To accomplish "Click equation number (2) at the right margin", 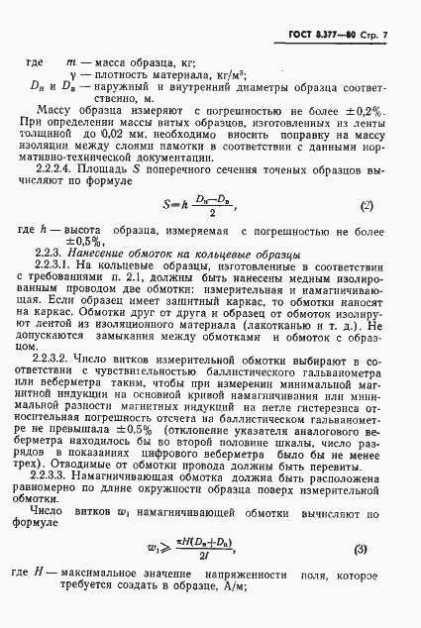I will pyautogui.click(x=367, y=206).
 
